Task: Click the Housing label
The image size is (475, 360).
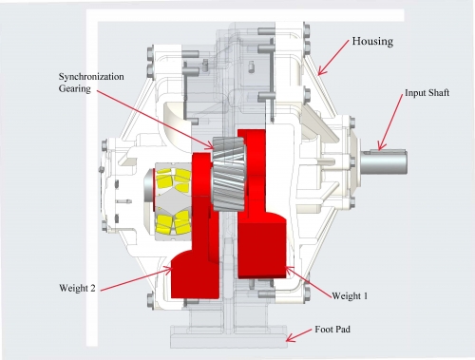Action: pos(372,42)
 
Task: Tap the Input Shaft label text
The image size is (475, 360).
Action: pos(427,93)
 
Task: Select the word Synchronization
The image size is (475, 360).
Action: pos(91,77)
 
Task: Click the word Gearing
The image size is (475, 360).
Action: pos(75,88)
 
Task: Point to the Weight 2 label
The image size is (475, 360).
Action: pos(77,288)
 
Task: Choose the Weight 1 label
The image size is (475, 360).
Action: pos(350,296)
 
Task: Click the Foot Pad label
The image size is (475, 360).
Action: pos(332,330)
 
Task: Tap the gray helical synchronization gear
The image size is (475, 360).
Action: pos(229,174)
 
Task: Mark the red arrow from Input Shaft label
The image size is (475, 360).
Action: pos(391,122)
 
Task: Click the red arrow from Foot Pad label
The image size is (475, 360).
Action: pos(298,335)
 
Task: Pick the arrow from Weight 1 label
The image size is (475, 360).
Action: pos(308,282)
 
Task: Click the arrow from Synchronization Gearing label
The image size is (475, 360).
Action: pos(155,120)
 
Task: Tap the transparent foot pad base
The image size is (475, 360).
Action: pos(229,336)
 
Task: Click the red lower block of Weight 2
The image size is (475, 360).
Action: pos(195,274)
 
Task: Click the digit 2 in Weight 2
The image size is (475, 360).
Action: pos(92,288)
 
